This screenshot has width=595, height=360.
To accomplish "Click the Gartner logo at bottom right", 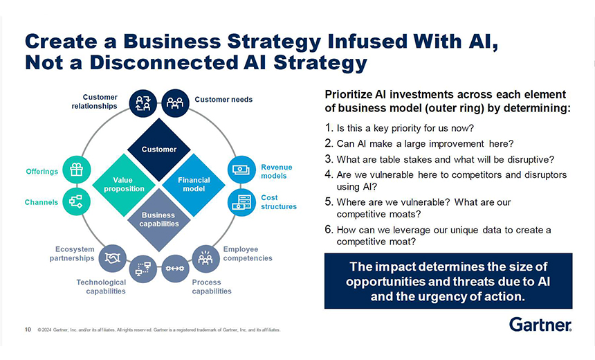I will pyautogui.click(x=540, y=325).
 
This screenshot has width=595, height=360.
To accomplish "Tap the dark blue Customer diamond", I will pyautogui.click(x=159, y=149).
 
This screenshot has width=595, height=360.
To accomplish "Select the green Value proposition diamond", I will pyautogui.click(x=125, y=184).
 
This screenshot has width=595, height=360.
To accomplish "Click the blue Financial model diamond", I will pyautogui.click(x=194, y=184).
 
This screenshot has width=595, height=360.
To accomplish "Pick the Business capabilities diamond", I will pyautogui.click(x=159, y=219).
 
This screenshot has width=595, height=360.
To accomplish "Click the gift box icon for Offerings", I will pyautogui.click(x=75, y=170).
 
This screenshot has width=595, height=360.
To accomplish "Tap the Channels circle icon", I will pyautogui.click(x=75, y=201).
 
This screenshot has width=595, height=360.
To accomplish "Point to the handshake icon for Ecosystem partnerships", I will pyautogui.click(x=111, y=258).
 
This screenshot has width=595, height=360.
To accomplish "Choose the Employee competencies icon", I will pyautogui.click(x=205, y=258).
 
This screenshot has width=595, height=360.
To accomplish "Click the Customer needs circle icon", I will pyautogui.click(x=174, y=102).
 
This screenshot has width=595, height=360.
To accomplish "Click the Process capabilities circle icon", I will pyautogui.click(x=174, y=268).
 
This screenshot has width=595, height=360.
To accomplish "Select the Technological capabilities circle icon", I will pyautogui.click(x=143, y=268).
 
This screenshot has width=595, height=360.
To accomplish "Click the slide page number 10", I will pyautogui.click(x=28, y=330).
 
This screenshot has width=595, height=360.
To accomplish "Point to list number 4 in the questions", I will pyautogui.click(x=329, y=175).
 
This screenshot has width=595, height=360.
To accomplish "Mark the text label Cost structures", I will pyautogui.click(x=278, y=202).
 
